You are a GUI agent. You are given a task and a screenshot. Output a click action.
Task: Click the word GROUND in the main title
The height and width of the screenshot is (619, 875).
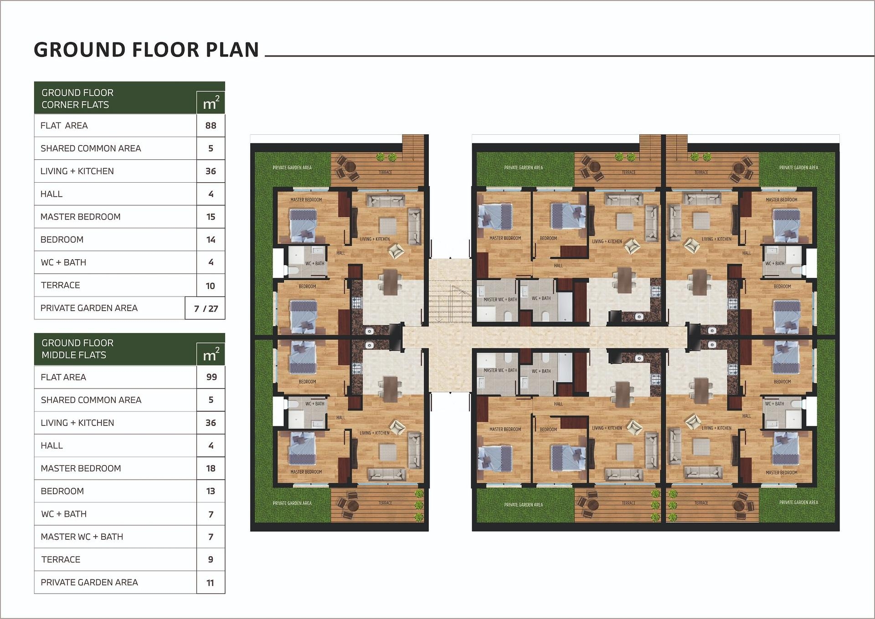[80, 50]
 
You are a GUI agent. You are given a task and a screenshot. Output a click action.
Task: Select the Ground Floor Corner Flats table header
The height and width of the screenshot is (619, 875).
[77, 98]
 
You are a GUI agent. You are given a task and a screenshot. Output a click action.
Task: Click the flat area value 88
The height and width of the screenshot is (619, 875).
[211, 125]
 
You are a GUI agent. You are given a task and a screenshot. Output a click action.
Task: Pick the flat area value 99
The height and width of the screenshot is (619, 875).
[211, 377]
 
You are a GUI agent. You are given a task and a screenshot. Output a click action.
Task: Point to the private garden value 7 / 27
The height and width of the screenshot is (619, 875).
[206, 308]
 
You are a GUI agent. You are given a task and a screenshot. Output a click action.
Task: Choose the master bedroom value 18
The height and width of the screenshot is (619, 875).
[211, 468]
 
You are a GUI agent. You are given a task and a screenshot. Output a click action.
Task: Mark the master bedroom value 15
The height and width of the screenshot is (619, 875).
[211, 217]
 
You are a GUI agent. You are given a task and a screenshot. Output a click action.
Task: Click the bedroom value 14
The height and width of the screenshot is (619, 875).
[211, 240]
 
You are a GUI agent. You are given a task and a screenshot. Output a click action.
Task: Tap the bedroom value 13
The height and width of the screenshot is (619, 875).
[211, 491]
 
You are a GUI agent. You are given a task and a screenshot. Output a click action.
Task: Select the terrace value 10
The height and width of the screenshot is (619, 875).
[210, 286]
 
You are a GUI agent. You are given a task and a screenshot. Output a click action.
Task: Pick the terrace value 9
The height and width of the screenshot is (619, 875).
[211, 559]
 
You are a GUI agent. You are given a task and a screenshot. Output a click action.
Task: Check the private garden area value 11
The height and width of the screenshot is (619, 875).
[210, 583]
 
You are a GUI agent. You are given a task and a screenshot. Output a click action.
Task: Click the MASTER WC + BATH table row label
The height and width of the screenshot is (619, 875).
[82, 537]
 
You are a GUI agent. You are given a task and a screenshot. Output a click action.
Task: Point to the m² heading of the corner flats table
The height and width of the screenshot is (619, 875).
[211, 103]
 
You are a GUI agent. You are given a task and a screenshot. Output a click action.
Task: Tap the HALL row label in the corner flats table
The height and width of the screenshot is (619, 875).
[51, 194]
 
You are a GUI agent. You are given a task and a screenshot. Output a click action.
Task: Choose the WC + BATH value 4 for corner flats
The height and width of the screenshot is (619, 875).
[211, 262]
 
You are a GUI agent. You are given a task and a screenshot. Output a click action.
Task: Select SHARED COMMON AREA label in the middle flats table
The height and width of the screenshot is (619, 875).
[91, 400]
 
